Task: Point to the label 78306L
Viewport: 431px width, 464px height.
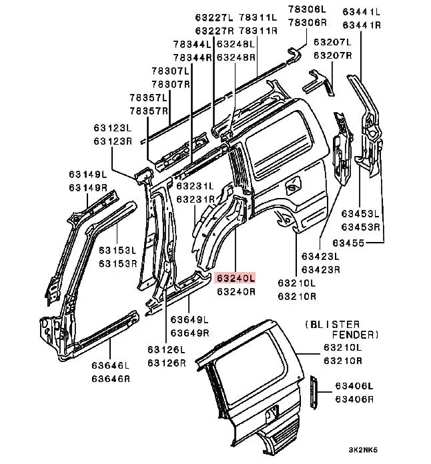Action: [308, 9]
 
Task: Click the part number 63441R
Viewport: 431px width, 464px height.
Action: [362, 25]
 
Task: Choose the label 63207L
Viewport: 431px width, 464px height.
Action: [333, 42]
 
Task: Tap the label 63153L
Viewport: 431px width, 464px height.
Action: [117, 251]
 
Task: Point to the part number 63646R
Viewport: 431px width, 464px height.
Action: [111, 378]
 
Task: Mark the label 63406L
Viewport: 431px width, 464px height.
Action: [354, 386]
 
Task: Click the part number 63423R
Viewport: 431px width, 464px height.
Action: [320, 269]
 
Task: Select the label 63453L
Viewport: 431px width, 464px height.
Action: [361, 214]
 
